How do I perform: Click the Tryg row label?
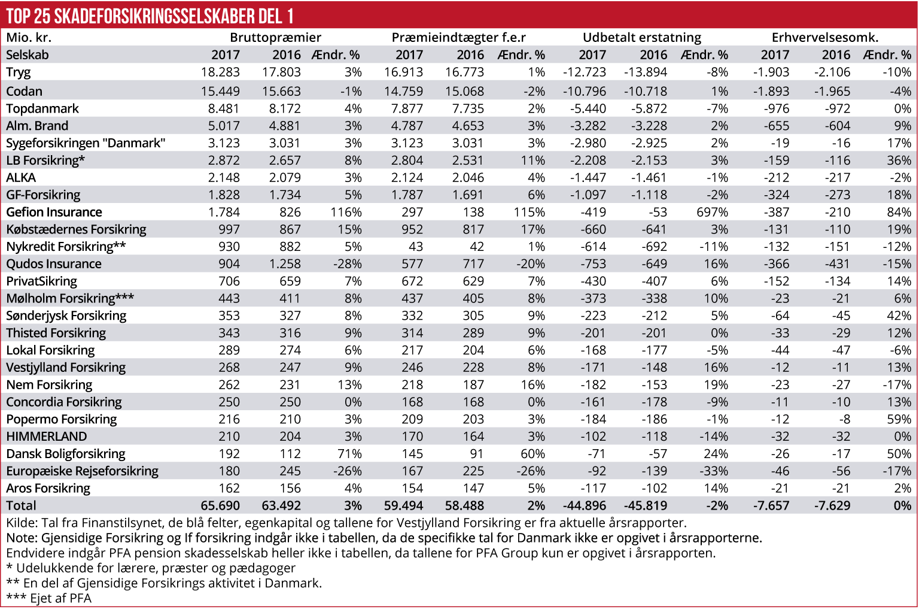coord(19,72)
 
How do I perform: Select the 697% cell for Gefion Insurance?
coord(712,213)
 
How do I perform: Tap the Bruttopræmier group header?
coord(275,38)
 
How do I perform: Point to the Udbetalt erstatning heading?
coord(641,38)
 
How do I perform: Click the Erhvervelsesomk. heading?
coord(824,38)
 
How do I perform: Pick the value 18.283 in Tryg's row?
coord(220,72)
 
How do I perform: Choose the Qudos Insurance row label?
coord(54,264)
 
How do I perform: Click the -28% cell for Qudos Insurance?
coord(348,264)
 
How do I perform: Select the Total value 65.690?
coord(220,506)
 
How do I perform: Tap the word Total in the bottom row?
coord(22,506)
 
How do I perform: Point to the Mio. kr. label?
coord(29,38)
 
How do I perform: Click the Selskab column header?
coord(28,55)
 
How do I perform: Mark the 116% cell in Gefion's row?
coord(346,213)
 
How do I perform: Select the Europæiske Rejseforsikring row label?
coord(83,471)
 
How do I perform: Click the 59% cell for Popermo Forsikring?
coord(899,419)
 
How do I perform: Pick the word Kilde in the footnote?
coord(22,523)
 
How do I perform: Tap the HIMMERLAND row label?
coord(47,437)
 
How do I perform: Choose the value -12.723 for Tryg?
coord(585,72)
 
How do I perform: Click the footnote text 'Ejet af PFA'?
coord(60,598)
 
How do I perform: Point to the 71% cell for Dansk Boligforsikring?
coord(349,454)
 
